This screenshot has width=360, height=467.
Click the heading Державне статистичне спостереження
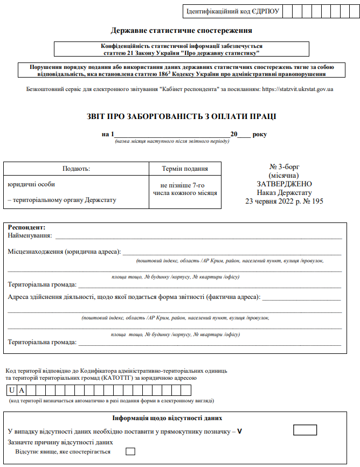tap(181, 31)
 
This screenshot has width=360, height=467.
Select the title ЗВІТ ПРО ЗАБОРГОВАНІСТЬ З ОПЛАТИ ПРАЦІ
tap(181, 116)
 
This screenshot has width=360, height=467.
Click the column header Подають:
tap(76, 169)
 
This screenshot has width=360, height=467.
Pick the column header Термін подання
tap(185, 169)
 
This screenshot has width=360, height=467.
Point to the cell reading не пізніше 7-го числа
tap(185, 189)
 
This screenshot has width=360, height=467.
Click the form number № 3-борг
tap(285, 167)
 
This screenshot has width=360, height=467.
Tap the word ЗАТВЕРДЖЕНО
tap(284, 184)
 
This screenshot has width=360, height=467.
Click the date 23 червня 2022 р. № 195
tap(284, 201)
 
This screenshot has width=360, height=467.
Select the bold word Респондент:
tap(26, 228)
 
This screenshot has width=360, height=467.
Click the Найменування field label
tap(30, 235)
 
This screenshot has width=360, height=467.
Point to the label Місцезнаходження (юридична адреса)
tap(64, 252)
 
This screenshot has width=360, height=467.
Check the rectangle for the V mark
tap(305, 430)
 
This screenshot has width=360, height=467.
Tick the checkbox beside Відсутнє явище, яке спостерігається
tap(130, 451)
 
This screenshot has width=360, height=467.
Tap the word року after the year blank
tap(260, 134)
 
